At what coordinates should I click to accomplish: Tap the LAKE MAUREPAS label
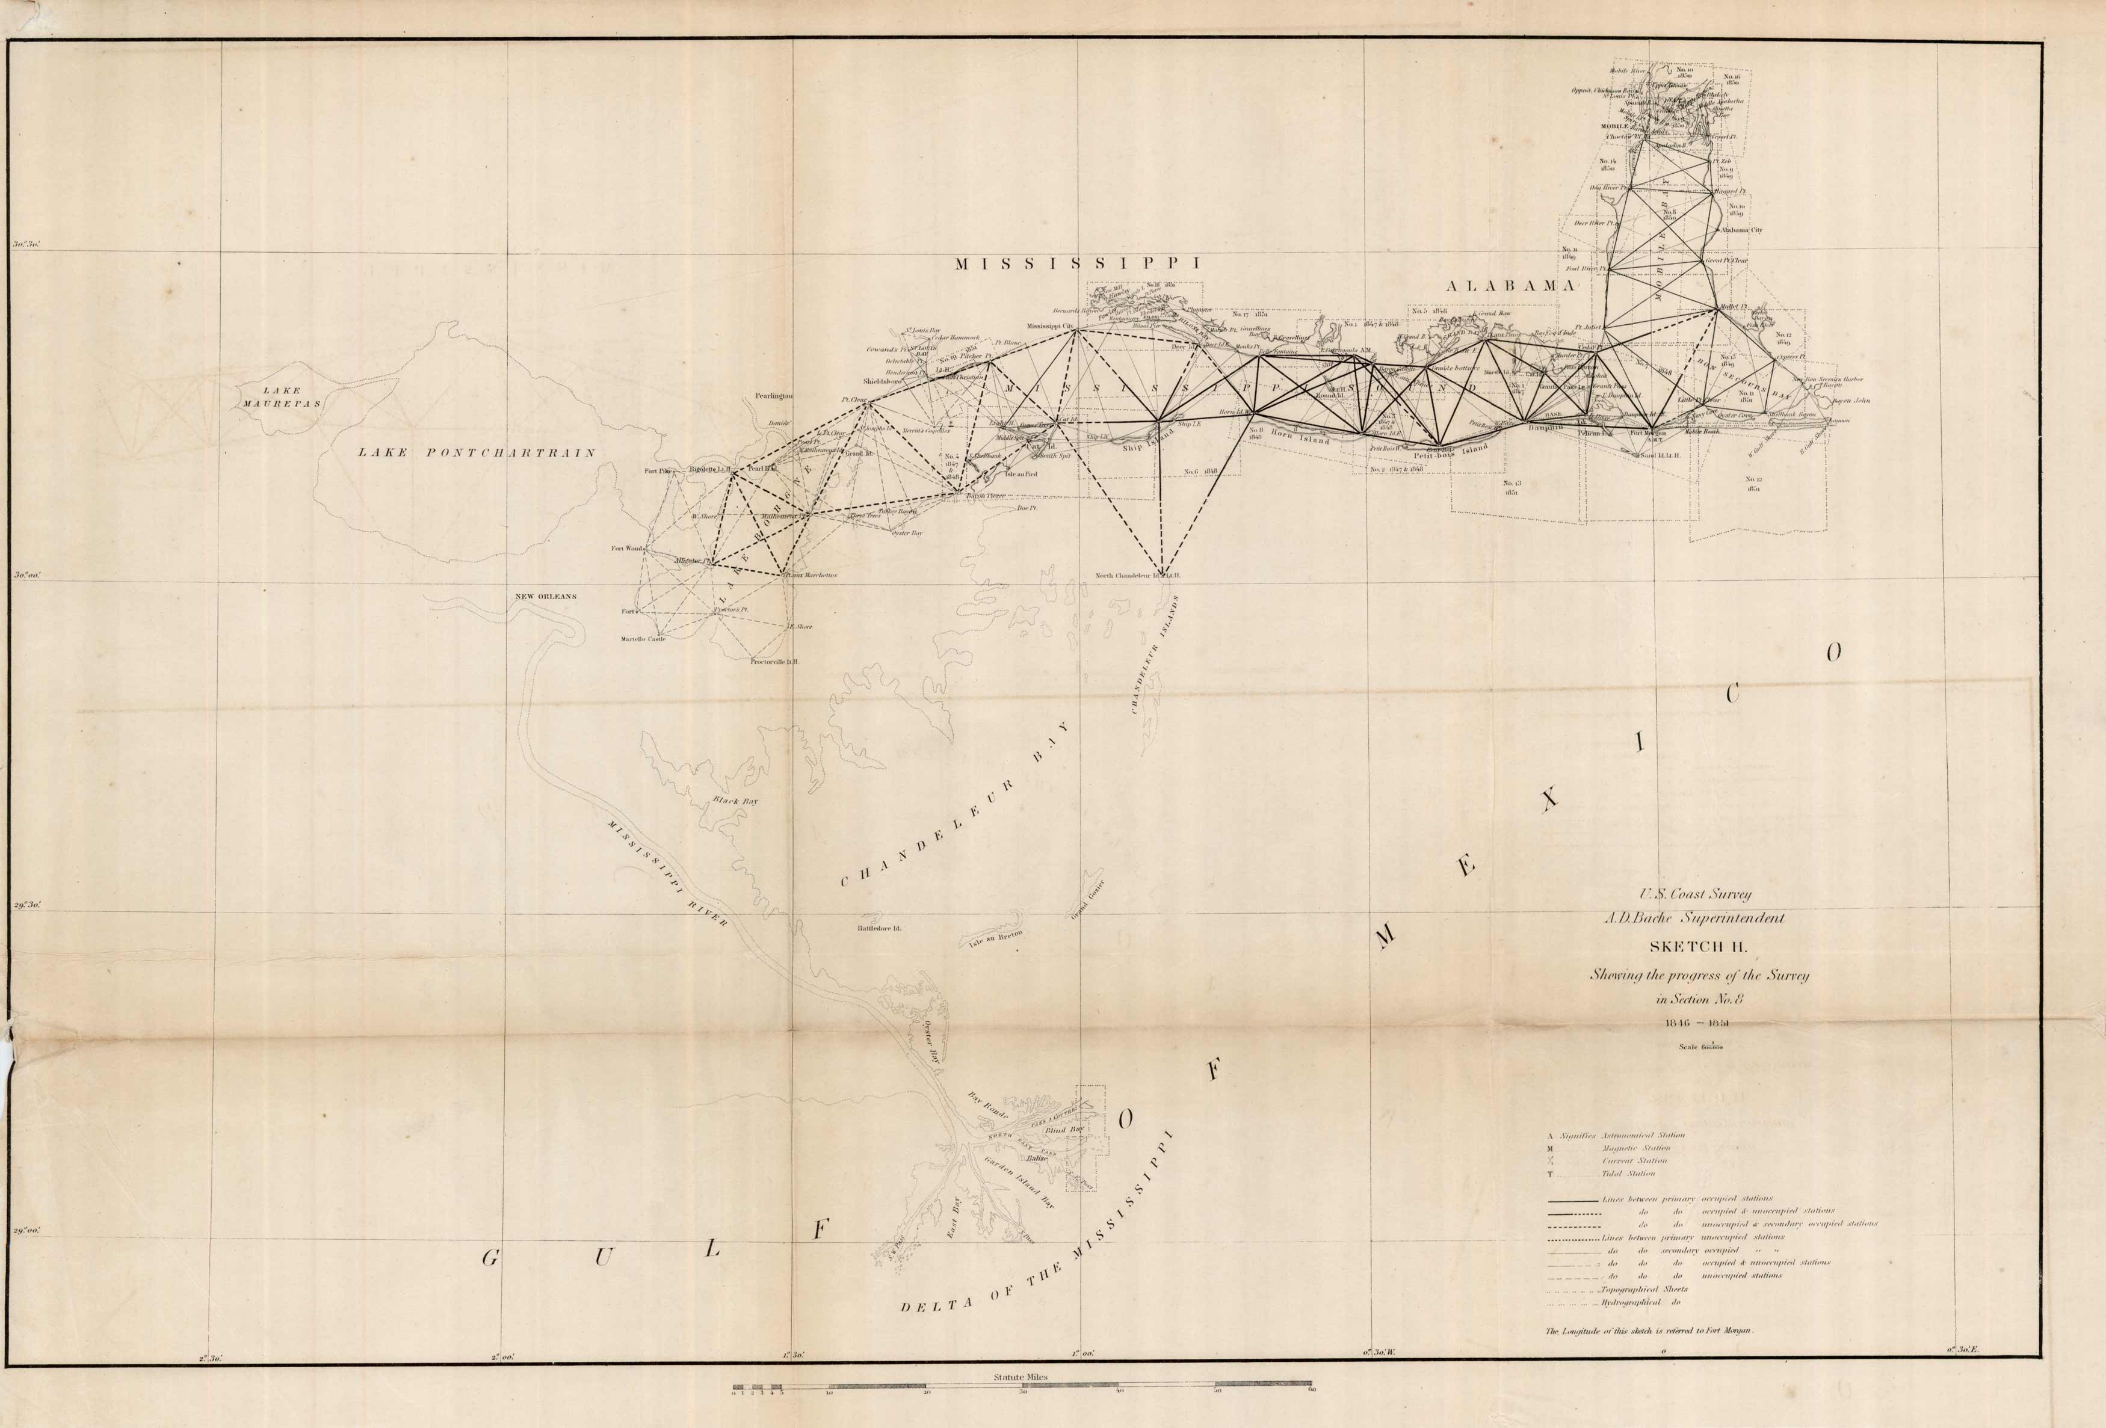pos(281,398)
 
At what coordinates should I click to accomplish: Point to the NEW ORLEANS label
pos(546,596)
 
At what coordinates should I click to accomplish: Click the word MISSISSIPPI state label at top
pos(1078,263)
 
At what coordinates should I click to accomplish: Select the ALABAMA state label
pos(1509,285)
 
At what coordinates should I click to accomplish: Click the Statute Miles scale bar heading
pos(1021,1376)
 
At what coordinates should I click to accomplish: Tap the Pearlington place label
pos(775,396)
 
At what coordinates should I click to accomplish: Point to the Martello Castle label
pos(643,639)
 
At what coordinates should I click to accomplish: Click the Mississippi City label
pos(1049,326)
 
